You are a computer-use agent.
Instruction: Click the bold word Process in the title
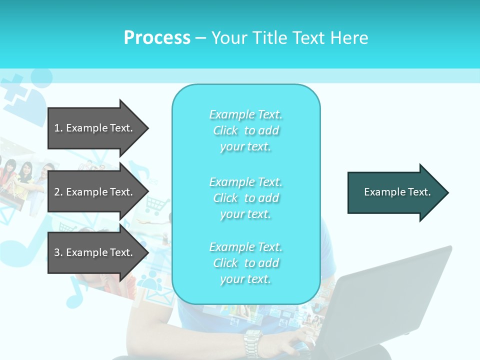157,38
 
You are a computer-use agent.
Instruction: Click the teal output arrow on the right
395,192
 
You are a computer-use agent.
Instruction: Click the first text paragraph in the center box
245,130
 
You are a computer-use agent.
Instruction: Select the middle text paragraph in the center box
245,198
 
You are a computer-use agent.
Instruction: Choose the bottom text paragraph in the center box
245,263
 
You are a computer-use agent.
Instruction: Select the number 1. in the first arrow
58,128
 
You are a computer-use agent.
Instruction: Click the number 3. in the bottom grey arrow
58,252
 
